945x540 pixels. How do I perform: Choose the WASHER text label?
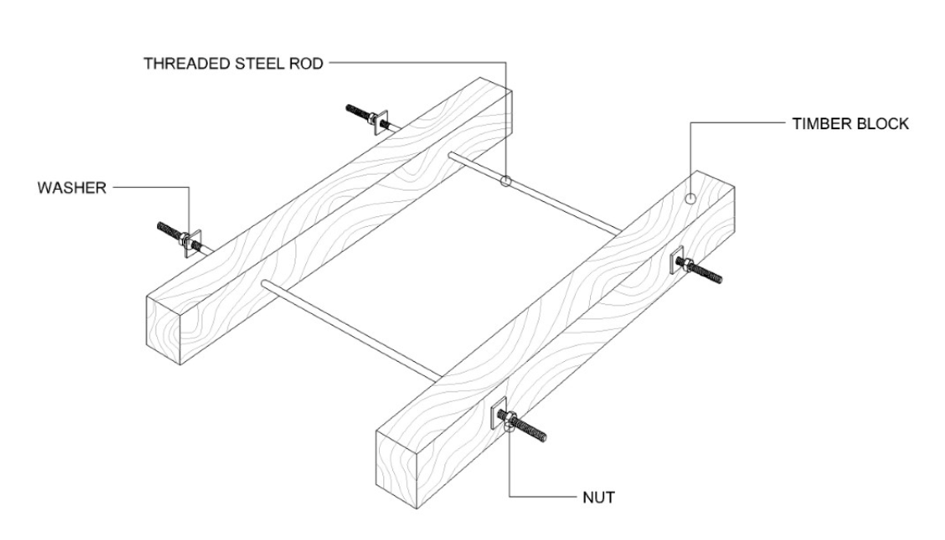coord(71,188)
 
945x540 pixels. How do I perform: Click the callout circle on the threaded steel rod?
coord(505,181)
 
